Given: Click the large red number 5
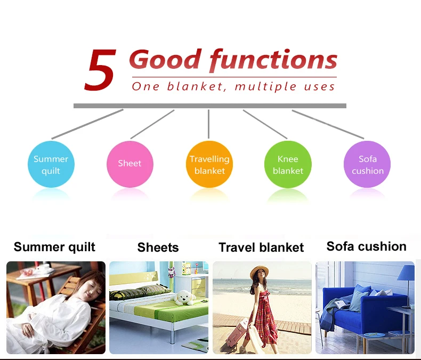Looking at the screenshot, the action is click(x=100, y=70).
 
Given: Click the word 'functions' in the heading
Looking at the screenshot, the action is click(x=273, y=60).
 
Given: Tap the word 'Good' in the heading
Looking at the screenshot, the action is click(x=165, y=59).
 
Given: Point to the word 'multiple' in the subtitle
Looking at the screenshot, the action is click(x=265, y=86).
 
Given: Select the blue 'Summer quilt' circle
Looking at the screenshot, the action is click(x=51, y=164).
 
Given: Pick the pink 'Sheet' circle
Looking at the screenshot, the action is click(x=130, y=164).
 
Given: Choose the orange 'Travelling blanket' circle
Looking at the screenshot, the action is click(x=209, y=164).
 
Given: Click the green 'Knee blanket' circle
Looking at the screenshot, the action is click(x=288, y=164).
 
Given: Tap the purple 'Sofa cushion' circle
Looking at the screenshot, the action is click(x=367, y=164).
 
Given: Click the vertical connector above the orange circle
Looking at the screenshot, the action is click(x=208, y=124).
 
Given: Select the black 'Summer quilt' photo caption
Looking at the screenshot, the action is click(x=54, y=247).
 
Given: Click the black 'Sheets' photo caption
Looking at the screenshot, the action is click(x=158, y=247).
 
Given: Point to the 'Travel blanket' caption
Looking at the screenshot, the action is click(x=261, y=247).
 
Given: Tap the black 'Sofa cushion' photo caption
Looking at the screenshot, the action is click(x=367, y=246).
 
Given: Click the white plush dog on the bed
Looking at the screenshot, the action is click(x=183, y=298).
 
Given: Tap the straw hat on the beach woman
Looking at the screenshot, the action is click(x=260, y=271).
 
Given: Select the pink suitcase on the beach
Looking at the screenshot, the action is click(x=238, y=333).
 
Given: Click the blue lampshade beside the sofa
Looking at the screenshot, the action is click(x=406, y=273).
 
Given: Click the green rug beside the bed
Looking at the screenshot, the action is click(x=198, y=345).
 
